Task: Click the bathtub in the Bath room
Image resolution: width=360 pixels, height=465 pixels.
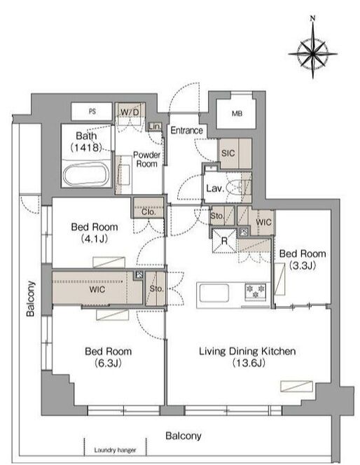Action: [85, 173]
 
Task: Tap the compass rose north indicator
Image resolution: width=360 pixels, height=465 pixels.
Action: [312, 19]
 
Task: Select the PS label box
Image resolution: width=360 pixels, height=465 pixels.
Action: [92, 111]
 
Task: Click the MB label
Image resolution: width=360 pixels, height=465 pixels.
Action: [237, 113]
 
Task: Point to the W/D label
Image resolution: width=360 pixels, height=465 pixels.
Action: [130, 113]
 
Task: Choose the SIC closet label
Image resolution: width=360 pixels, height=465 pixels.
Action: [228, 153]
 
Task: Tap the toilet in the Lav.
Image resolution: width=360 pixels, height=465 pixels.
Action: [237, 188]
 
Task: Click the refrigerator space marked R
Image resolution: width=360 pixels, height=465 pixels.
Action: [224, 240]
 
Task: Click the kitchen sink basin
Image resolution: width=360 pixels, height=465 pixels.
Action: [214, 293]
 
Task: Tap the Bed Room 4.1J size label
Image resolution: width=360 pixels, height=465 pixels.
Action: [95, 238]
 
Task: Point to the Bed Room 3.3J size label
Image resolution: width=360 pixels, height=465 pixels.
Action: [303, 265]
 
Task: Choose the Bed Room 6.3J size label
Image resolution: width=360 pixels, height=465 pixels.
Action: [108, 363]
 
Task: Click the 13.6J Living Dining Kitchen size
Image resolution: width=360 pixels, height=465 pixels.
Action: [249, 362]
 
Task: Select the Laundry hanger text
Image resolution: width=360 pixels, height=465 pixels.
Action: [115, 450]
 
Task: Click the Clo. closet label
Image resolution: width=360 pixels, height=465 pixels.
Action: [148, 211]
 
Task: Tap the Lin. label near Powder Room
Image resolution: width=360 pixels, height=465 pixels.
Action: [155, 127]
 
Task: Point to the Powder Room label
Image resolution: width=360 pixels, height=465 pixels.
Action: [146, 159]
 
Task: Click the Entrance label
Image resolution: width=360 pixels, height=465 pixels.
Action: [186, 130]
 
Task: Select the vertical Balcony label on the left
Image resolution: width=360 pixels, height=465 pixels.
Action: [30, 298]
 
